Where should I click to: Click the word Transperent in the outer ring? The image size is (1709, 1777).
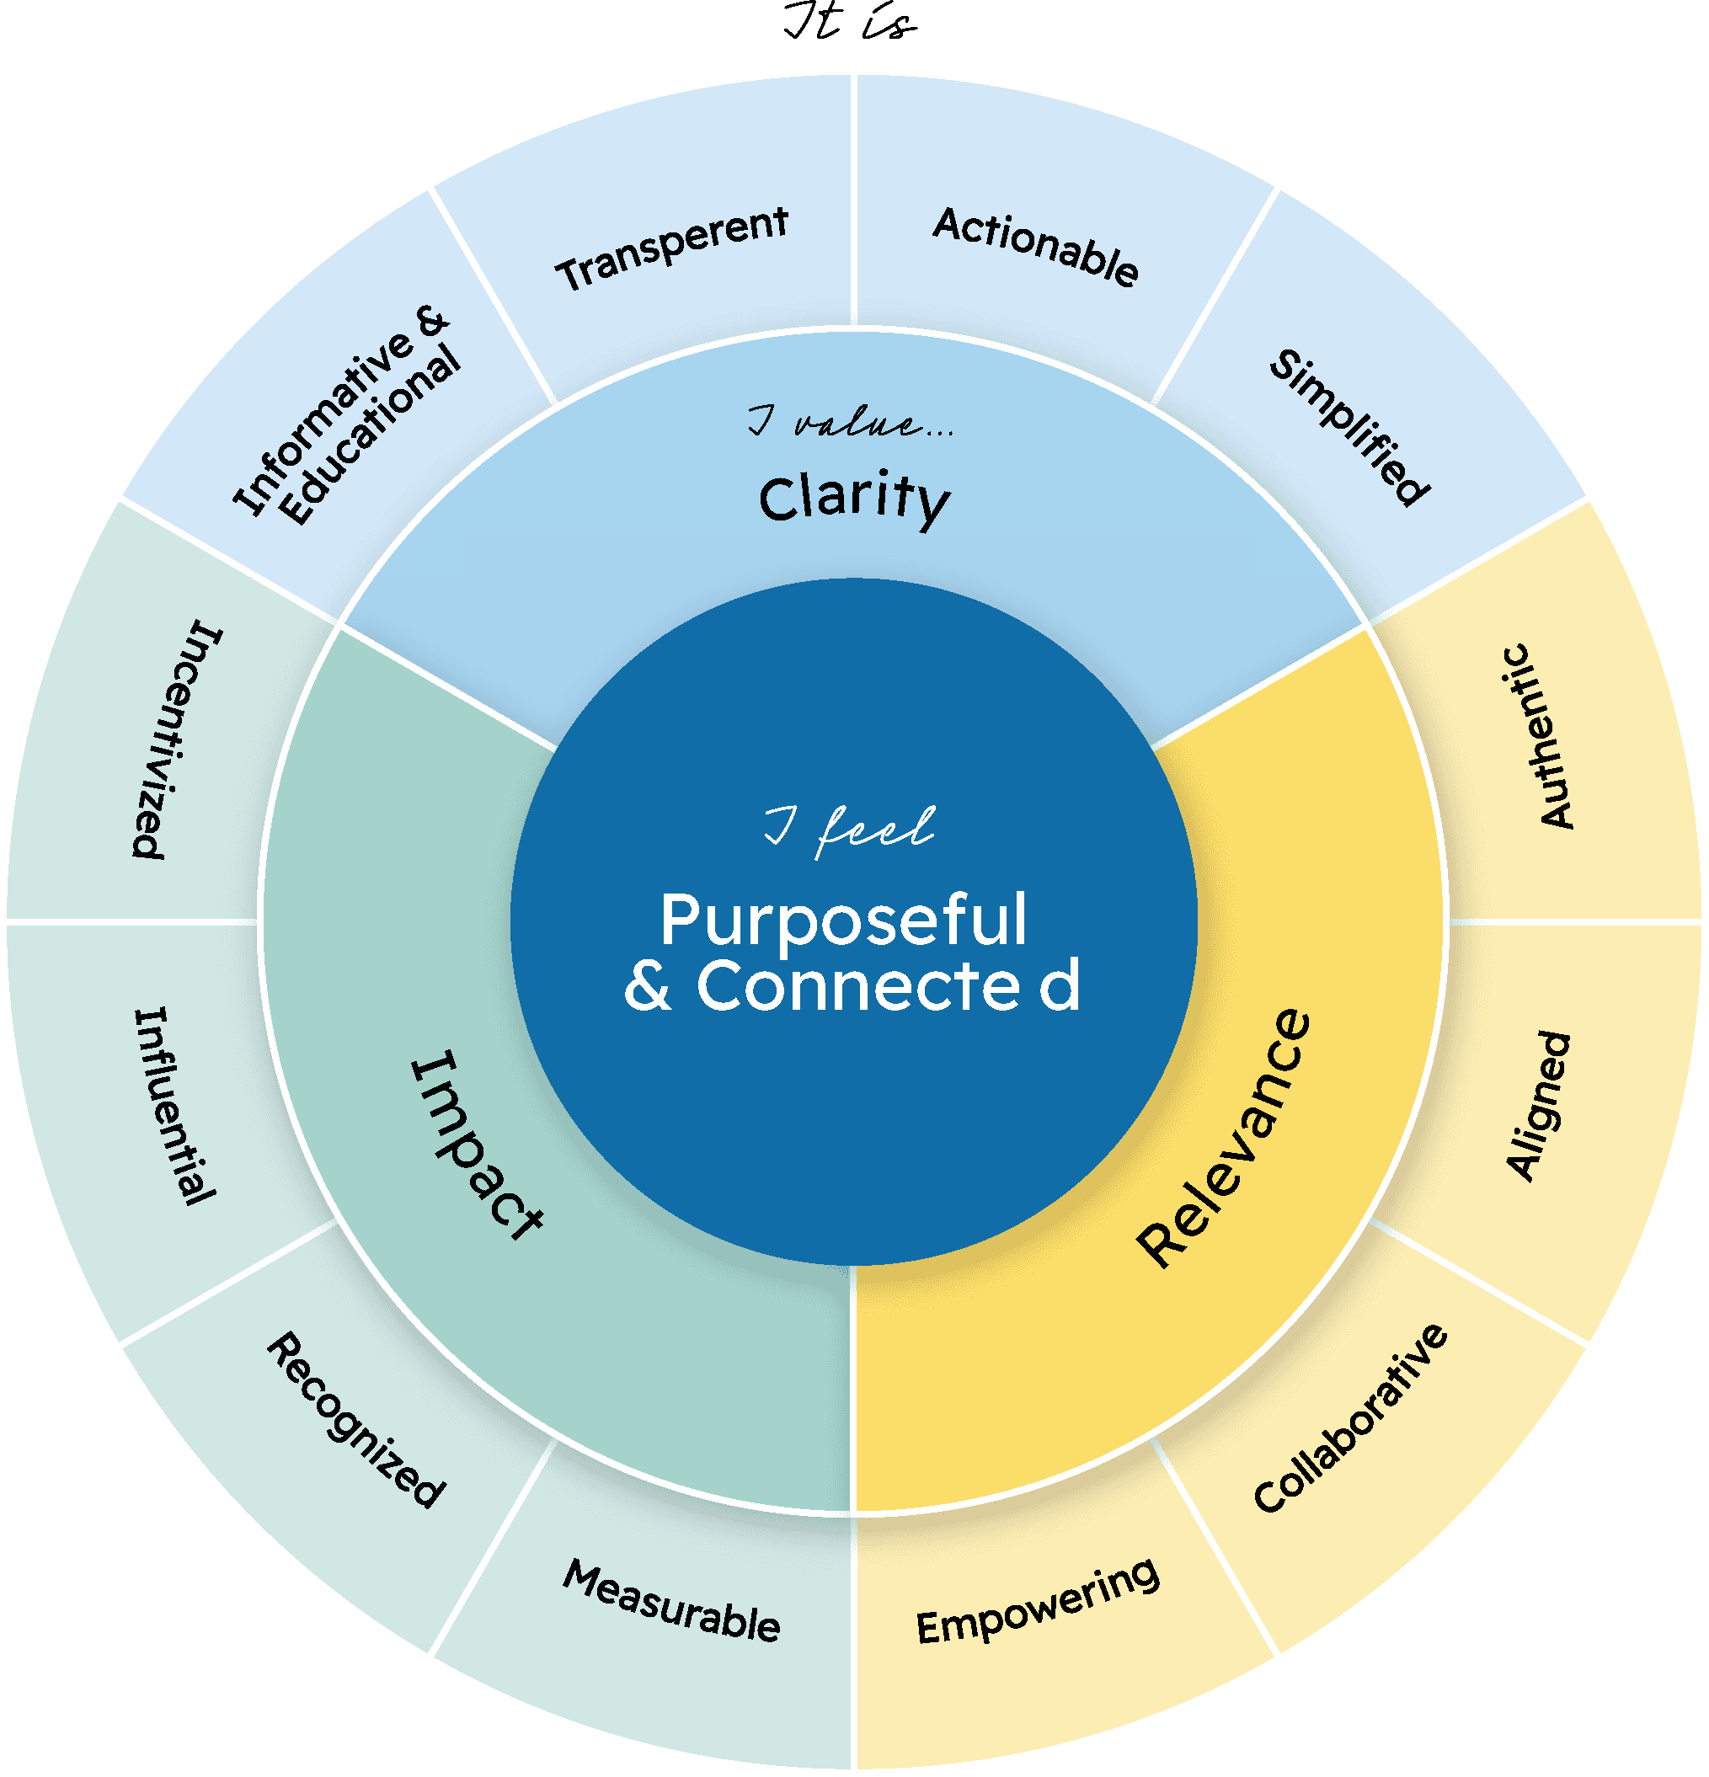[672, 248]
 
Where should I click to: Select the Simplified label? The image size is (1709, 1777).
[1349, 426]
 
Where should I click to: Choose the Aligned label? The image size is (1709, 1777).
[1538, 1106]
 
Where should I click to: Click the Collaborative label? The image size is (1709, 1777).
[1350, 1419]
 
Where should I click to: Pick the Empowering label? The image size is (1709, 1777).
[1037, 1602]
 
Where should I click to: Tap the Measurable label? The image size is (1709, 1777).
[671, 1602]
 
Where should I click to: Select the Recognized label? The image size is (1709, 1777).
[356, 1420]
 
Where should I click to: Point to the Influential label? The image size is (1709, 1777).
[175, 1106]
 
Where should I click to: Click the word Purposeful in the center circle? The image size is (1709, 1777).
[843, 921]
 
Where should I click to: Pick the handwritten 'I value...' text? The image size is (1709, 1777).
[851, 423]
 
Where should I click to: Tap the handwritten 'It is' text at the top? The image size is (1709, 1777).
[850, 22]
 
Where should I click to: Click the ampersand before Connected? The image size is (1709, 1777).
[649, 986]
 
